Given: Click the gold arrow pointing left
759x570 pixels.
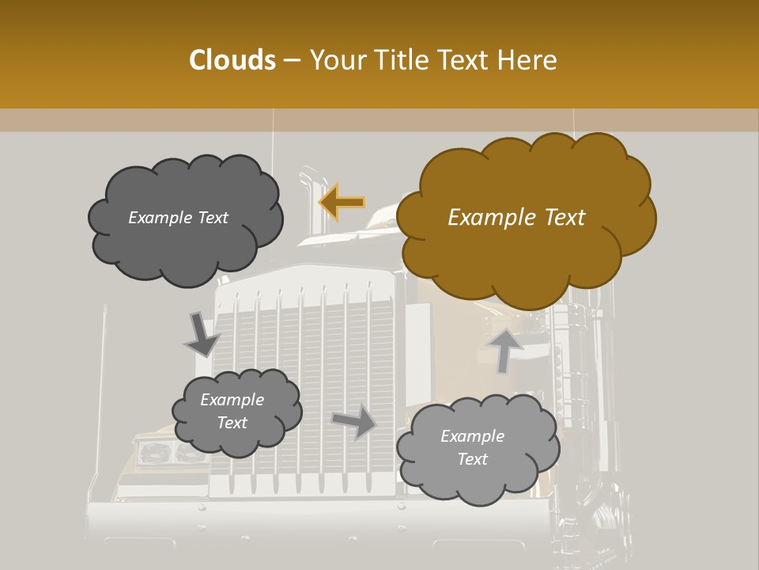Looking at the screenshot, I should point(342,202).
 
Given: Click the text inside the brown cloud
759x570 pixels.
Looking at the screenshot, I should point(516,218).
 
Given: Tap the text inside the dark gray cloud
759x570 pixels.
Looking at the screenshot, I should point(178,218).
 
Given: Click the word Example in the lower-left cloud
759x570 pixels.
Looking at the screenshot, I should point(232,400).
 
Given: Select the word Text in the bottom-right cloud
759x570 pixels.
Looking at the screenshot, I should point(472,459).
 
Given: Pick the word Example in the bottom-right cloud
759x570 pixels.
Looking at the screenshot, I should point(472,436).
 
